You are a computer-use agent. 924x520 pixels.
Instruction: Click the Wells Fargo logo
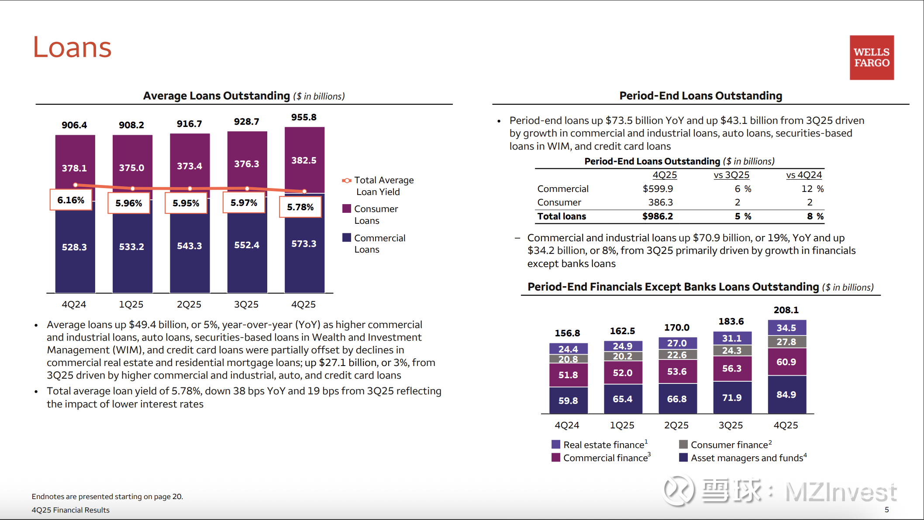pyautogui.click(x=872, y=58)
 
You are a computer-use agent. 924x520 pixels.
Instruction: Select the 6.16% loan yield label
pyautogui.click(x=71, y=200)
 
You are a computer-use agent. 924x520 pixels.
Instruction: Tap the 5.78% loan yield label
pyautogui.click(x=300, y=207)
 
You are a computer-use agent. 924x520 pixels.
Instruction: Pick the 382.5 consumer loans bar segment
pyautogui.click(x=304, y=160)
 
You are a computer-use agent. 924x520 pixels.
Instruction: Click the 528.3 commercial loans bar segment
pyautogui.click(x=75, y=247)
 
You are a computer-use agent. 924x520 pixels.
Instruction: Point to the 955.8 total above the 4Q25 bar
pyautogui.click(x=304, y=117)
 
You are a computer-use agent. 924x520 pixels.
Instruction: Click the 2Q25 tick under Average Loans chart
pyautogui.click(x=189, y=304)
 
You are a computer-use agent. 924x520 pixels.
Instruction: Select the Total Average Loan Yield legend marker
pyautogui.click(x=347, y=180)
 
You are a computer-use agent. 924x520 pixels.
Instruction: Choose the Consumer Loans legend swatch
pyautogui.click(x=347, y=209)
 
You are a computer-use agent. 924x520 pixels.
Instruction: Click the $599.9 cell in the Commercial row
pyautogui.click(x=658, y=189)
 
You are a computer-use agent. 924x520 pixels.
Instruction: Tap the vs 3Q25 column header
pyautogui.click(x=731, y=175)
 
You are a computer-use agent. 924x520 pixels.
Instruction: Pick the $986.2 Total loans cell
pyautogui.click(x=658, y=216)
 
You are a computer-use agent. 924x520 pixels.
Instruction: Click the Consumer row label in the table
pyautogui.click(x=559, y=202)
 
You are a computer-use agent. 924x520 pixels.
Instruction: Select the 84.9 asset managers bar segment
pyautogui.click(x=786, y=394)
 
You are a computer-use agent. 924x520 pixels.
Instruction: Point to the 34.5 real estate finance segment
pyautogui.click(x=786, y=328)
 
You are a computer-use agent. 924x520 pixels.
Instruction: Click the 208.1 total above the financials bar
pyautogui.click(x=786, y=310)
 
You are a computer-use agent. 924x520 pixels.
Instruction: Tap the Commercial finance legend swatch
pyautogui.click(x=556, y=458)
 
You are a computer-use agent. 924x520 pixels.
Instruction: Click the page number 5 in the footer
pyautogui.click(x=887, y=510)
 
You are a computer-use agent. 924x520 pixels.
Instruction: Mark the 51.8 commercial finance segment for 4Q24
pyautogui.click(x=568, y=375)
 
